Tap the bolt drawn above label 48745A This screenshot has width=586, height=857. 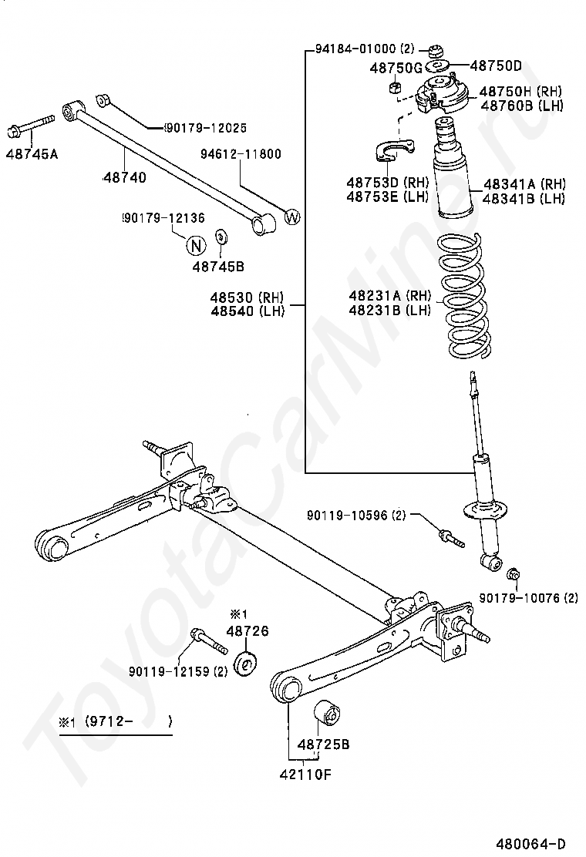31,124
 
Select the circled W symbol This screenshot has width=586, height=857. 291,217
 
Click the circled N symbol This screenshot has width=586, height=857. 196,246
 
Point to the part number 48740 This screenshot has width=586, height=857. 123,177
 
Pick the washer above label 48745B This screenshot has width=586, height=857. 221,236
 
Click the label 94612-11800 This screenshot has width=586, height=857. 241,154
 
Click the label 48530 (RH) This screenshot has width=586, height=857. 248,297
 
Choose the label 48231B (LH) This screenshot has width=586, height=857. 389,310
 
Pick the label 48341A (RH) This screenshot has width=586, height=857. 524,184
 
